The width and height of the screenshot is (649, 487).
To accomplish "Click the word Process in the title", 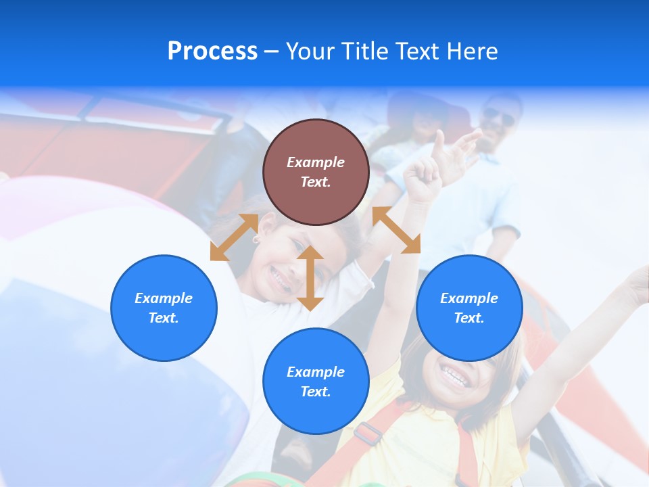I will click(x=212, y=51).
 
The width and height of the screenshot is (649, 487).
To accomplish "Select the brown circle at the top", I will click(x=316, y=172).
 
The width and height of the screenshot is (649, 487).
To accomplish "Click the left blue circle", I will click(x=164, y=308).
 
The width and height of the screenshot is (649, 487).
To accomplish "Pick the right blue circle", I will click(x=469, y=308).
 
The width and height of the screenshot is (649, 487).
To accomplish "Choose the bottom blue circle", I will click(x=316, y=381).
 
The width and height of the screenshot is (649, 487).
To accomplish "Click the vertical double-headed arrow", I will click(x=310, y=278).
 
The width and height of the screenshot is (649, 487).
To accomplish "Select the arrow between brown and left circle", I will click(x=234, y=237).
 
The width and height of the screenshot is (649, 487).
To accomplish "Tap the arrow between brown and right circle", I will click(x=396, y=230).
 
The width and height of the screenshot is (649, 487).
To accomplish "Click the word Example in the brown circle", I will click(x=316, y=162).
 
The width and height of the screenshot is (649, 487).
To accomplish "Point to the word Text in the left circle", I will click(x=164, y=318).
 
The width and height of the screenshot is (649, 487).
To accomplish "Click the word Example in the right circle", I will click(x=469, y=298).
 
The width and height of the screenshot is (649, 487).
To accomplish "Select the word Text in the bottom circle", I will click(x=316, y=392).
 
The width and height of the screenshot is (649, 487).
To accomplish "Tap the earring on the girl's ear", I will click(x=257, y=239).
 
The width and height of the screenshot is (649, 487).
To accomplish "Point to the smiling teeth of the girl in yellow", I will click(x=456, y=376).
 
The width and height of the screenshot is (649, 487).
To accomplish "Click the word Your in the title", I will click(x=311, y=51).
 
